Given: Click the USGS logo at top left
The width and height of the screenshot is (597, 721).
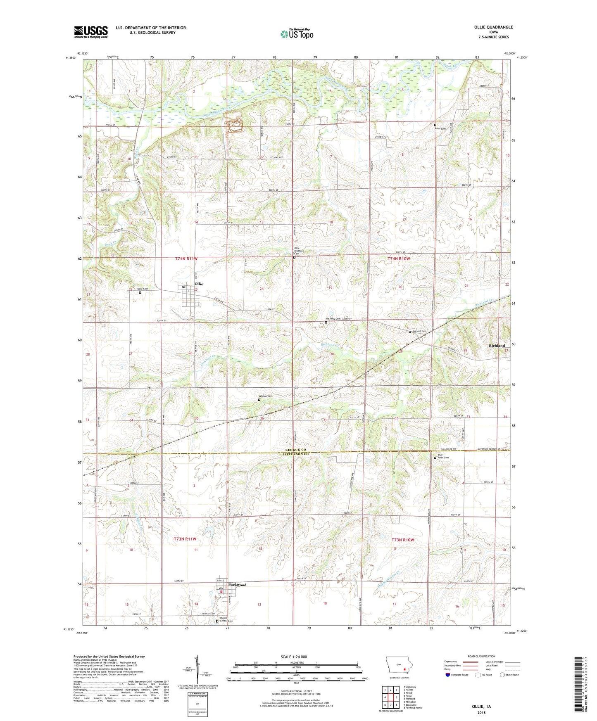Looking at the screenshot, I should tap(91, 31).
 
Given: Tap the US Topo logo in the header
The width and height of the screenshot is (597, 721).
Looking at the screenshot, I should tap(297, 34).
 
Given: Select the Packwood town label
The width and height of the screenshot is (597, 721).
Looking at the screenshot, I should tap(237, 585).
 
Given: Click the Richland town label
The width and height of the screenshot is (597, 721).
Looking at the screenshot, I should tap(497, 345).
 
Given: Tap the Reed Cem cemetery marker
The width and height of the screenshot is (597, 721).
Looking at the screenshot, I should tap(435, 125).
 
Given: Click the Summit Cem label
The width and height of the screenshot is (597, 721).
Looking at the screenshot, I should tap(419, 331).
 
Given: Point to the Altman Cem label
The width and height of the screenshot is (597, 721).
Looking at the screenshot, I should tap(266, 396).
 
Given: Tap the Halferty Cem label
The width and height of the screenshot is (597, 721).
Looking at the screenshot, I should tap(333, 319).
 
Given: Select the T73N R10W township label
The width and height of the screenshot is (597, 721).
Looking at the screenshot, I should tap(402, 540).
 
